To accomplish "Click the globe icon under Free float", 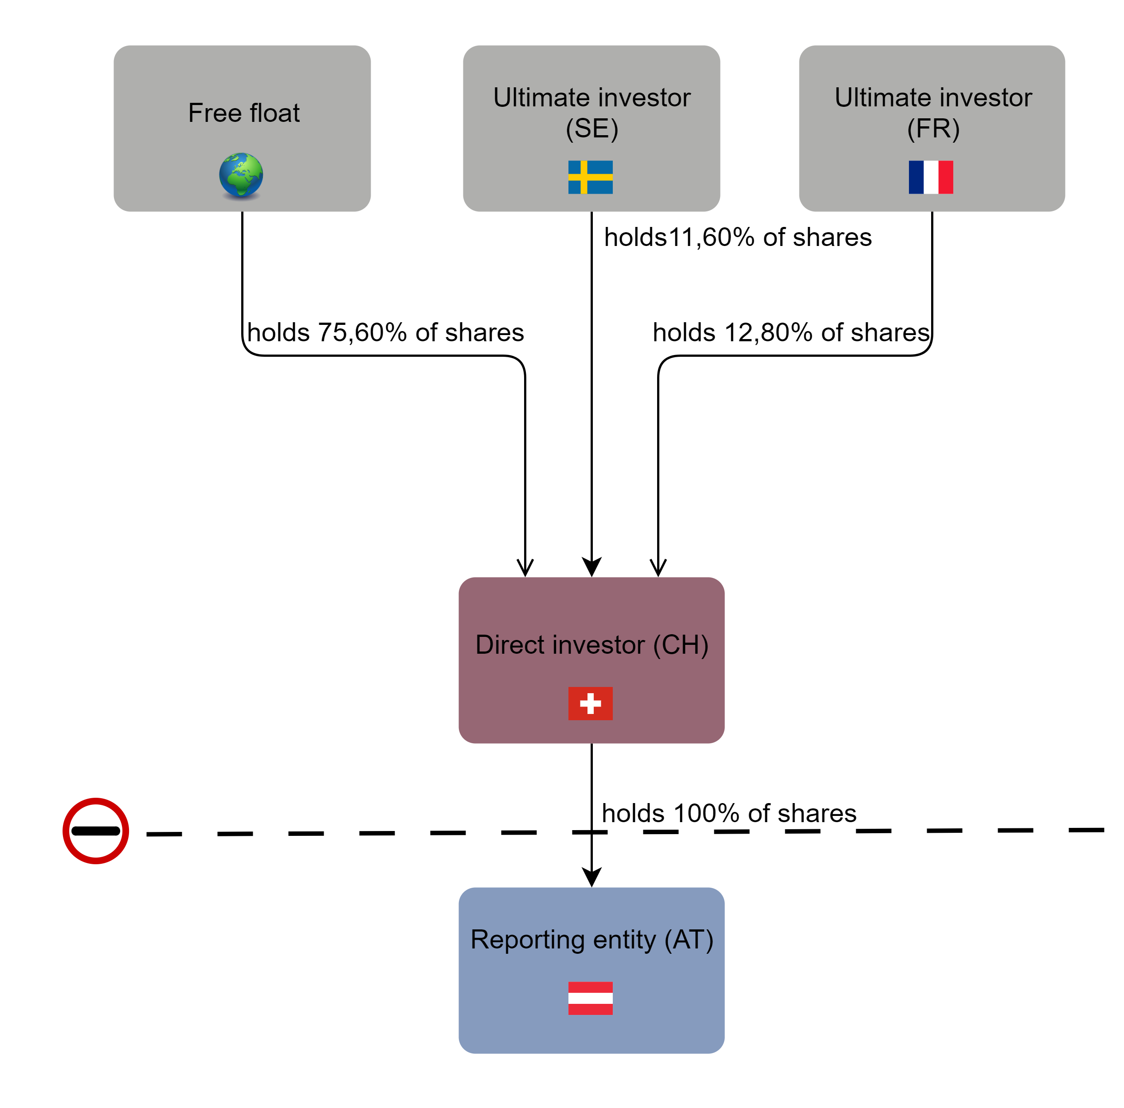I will pyautogui.click(x=241, y=175).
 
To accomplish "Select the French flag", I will pyautogui.click(x=930, y=177).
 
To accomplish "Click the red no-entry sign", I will pyautogui.click(x=95, y=831).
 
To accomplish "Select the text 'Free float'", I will pyautogui.click(x=244, y=113).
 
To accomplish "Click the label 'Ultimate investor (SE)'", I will pyautogui.click(x=591, y=112).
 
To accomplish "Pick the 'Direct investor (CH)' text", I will pyautogui.click(x=591, y=644).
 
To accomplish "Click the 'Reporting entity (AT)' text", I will pyautogui.click(x=591, y=939).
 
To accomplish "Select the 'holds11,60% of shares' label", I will pyautogui.click(x=738, y=237).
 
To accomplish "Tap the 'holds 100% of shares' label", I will pyautogui.click(x=728, y=813).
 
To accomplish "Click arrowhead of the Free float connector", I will pyautogui.click(x=525, y=567).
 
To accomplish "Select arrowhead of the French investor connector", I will pyautogui.click(x=658, y=567).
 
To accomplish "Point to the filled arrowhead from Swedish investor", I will pyautogui.click(x=591, y=566).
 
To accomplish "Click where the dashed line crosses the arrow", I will pyautogui.click(x=591, y=832).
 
